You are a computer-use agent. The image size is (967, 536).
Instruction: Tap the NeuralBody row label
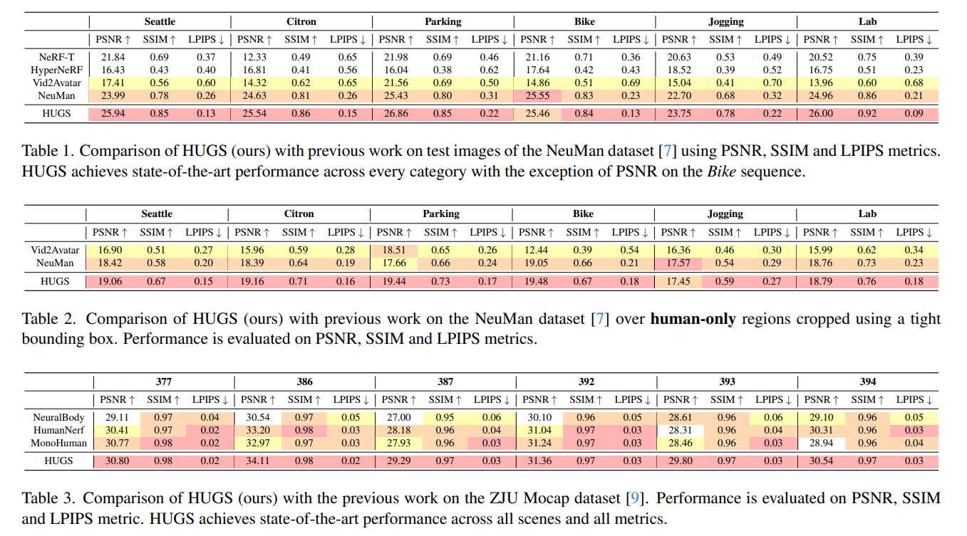[59, 418]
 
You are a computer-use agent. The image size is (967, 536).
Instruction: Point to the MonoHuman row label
[59, 443]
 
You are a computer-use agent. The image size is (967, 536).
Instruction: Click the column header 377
[164, 382]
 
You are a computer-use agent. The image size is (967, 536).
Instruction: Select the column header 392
[586, 382]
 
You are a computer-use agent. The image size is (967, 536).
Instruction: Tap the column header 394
[868, 382]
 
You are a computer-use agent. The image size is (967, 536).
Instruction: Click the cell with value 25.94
[111, 113]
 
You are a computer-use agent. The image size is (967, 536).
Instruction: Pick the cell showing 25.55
[535, 95]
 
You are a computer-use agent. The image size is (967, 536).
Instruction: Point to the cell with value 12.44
[534, 250]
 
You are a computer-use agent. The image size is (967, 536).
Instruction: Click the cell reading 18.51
[393, 250]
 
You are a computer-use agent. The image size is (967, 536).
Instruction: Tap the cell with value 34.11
[254, 461]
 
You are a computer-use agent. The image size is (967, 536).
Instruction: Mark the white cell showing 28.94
[817, 443]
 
